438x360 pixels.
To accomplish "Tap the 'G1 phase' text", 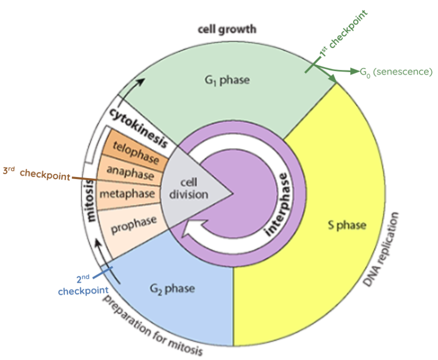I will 227,80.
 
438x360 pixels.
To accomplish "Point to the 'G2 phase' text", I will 172,288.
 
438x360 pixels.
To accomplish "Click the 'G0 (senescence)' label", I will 396,72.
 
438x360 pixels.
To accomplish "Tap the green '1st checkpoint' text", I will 344,33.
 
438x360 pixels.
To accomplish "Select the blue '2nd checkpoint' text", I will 83,285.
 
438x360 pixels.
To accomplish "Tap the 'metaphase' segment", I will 128,194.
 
